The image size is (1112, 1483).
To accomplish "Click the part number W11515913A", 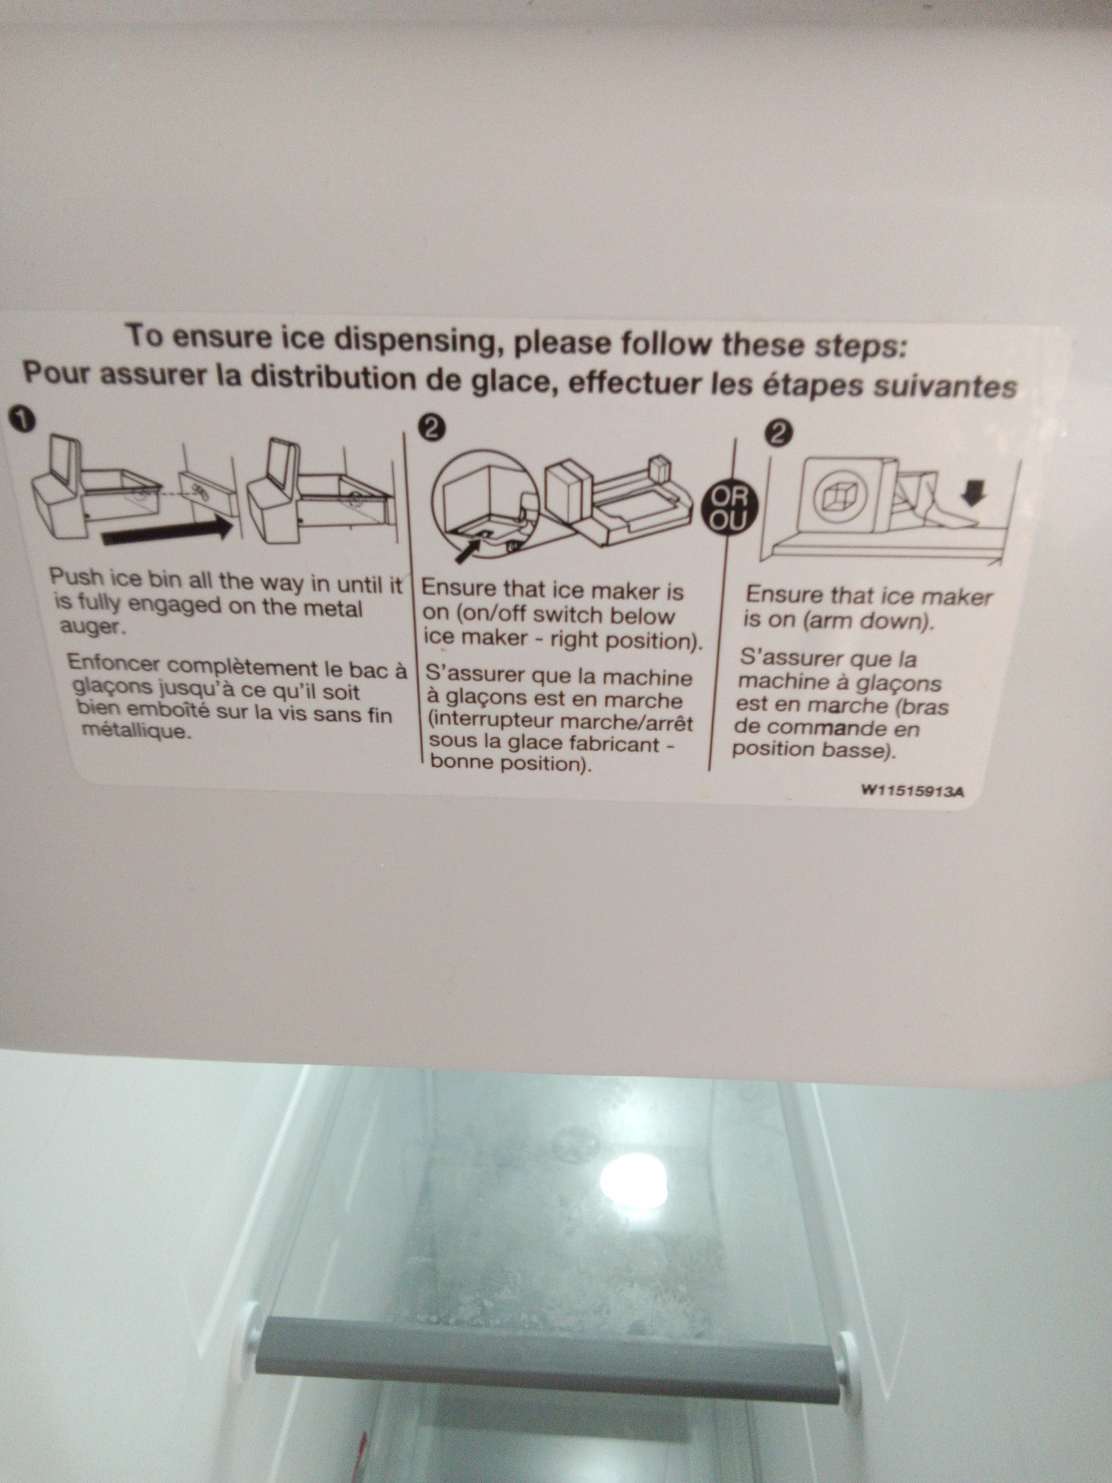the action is point(912,791).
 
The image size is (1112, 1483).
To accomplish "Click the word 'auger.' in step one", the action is point(88,628).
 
